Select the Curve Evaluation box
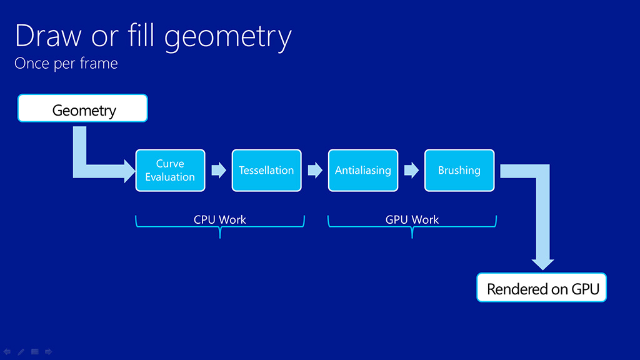pyautogui.click(x=170, y=170)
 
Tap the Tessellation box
pyautogui.click(x=266, y=170)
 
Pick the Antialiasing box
pyautogui.click(x=362, y=170)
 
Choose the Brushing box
pyautogui.click(x=459, y=170)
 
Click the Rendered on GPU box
pyautogui.click(x=542, y=288)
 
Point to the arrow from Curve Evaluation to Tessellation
pyautogui.click(x=218, y=170)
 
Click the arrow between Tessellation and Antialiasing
pyautogui.click(x=314, y=170)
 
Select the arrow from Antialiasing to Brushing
pyautogui.click(x=411, y=170)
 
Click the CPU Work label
pyautogui.click(x=220, y=219)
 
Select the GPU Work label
pyautogui.click(x=412, y=219)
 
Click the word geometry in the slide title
pyautogui.click(x=229, y=37)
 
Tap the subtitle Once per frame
pyautogui.click(x=66, y=63)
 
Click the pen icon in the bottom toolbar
pyautogui.click(x=21, y=352)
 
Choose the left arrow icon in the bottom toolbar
pyautogui.click(x=7, y=352)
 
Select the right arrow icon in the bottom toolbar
pyautogui.click(x=49, y=352)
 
